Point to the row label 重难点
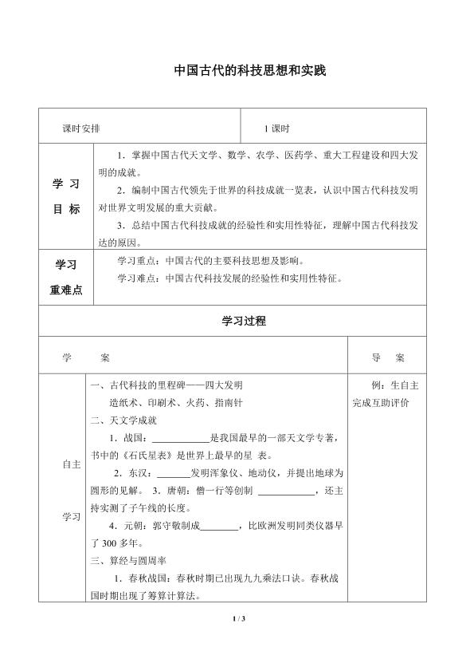tap(67, 290)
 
